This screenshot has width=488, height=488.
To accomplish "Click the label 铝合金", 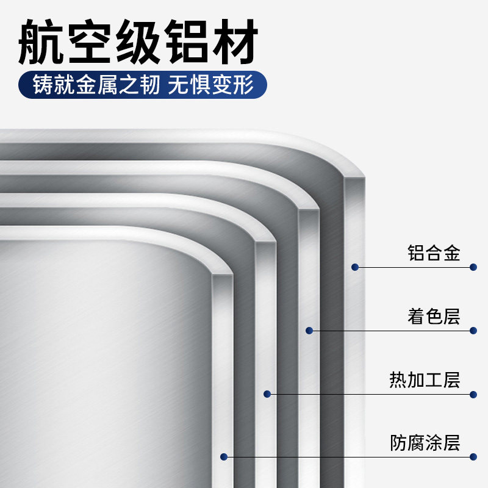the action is point(433,253).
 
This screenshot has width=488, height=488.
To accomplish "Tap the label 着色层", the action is point(433,317).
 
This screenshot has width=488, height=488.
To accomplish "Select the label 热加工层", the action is point(425,381).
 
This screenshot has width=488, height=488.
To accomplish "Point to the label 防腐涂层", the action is point(425,443).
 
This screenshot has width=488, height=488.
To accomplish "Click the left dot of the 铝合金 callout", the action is point(354,267).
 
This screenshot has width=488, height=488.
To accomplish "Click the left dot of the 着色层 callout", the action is point(309,331).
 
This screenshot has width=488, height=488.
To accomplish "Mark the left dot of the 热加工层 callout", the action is point(267,394).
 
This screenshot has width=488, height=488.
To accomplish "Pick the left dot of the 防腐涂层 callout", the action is point(224,456).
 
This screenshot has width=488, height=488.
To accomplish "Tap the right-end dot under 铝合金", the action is point(473,267).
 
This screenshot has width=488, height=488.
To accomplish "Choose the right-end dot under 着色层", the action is point(473,331).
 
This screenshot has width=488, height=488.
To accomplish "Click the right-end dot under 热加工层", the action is point(473,394).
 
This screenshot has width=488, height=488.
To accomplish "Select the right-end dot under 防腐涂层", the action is point(473,456).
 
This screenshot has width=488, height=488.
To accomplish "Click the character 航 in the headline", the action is point(41,43).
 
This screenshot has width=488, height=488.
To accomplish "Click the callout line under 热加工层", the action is point(366,394).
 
